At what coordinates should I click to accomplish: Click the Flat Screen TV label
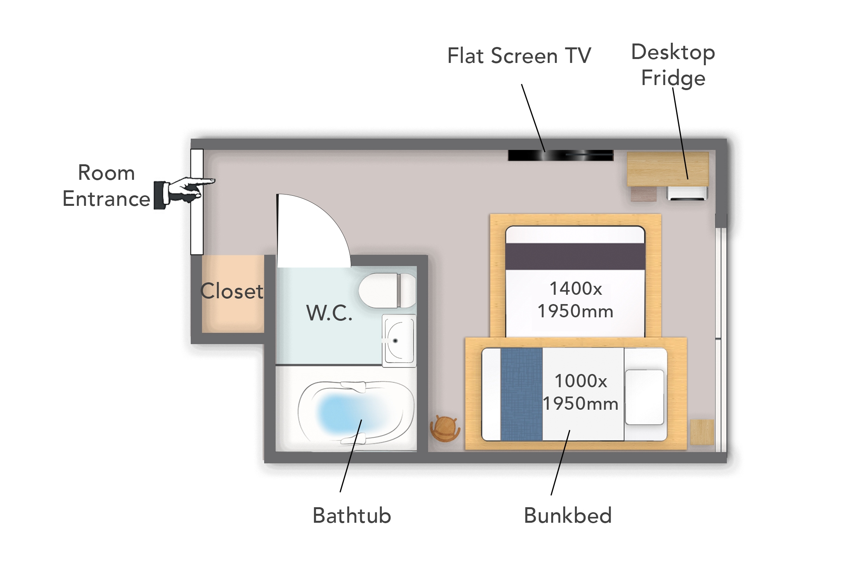point(519,56)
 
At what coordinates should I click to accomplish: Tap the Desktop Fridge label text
point(673,65)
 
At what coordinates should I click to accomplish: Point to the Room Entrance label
point(106,186)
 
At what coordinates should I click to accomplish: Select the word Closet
point(232,291)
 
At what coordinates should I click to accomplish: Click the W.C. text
point(329,313)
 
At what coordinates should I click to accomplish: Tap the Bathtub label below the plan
point(352,516)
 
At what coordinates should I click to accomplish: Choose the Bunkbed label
point(568,516)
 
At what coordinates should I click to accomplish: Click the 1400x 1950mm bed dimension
point(575,300)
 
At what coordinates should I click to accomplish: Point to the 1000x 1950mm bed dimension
point(580,392)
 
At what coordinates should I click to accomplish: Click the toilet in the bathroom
point(387,290)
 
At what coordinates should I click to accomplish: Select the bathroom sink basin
point(399,341)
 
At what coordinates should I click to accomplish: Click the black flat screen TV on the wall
point(560,155)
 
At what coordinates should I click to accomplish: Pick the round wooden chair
point(445,428)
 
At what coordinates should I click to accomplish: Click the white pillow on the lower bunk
point(644,397)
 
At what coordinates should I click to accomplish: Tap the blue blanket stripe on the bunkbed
point(521,394)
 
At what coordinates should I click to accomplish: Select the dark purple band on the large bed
point(575,256)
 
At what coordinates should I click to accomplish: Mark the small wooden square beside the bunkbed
point(702,432)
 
